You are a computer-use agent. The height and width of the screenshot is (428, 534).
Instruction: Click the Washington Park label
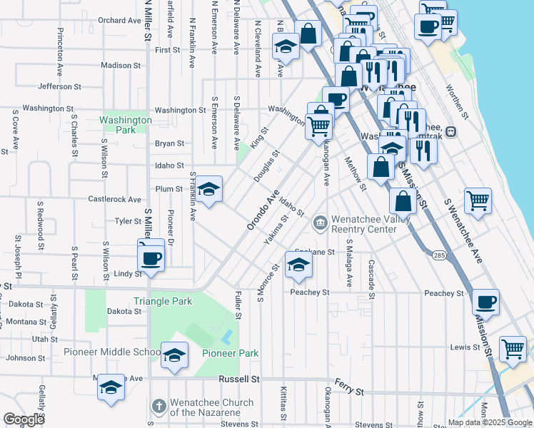[x=126, y=125]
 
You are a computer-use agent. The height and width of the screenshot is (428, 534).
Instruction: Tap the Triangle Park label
[x=163, y=301]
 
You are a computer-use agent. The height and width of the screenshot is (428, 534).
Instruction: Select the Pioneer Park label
[x=230, y=353]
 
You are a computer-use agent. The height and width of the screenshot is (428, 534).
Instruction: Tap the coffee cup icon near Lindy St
[x=151, y=258]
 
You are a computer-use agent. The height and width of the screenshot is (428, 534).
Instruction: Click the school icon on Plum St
[x=209, y=189]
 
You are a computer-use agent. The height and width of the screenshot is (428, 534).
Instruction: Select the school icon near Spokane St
[x=298, y=265]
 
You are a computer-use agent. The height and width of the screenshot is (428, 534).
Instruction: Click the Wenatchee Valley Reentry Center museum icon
[x=320, y=224]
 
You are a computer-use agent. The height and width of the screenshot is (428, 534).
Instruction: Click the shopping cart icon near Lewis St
[x=513, y=350]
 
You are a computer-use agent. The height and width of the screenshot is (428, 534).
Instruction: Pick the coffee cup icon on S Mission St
[x=485, y=302]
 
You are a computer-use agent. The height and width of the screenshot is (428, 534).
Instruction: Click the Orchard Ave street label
[x=119, y=21]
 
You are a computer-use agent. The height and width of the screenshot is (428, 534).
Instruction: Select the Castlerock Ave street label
[x=114, y=199]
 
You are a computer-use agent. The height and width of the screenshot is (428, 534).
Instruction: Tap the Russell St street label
[x=239, y=379]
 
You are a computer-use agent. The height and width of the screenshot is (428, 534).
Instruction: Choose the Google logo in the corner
[x=24, y=419]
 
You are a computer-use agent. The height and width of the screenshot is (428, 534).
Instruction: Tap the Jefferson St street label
[x=59, y=86]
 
